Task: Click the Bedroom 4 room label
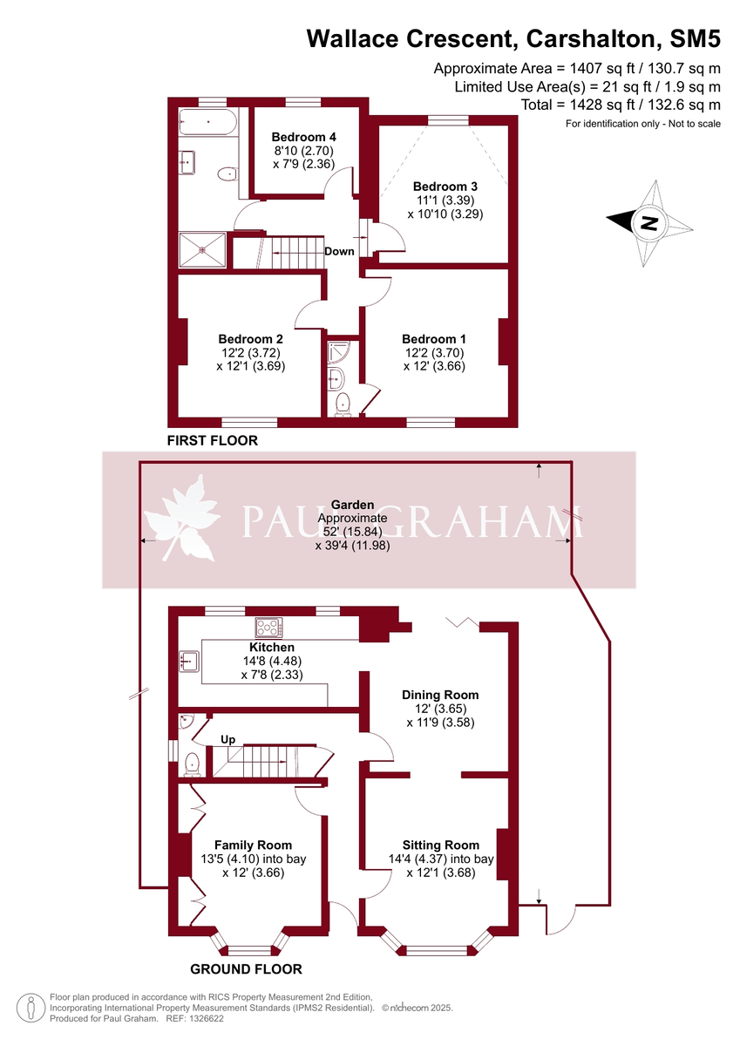[303, 137]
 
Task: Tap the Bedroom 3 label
[445, 187]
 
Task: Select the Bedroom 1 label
[433, 339]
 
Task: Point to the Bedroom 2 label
[250, 339]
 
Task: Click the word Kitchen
[272, 648]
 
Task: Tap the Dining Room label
[440, 695]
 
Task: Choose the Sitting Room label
[440, 845]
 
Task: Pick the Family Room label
[253, 845]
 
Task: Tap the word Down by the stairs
[339, 252]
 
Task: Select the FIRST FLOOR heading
[213, 441]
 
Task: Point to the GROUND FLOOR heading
[246, 969]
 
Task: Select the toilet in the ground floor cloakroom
[192, 764]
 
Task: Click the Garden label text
[352, 505]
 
